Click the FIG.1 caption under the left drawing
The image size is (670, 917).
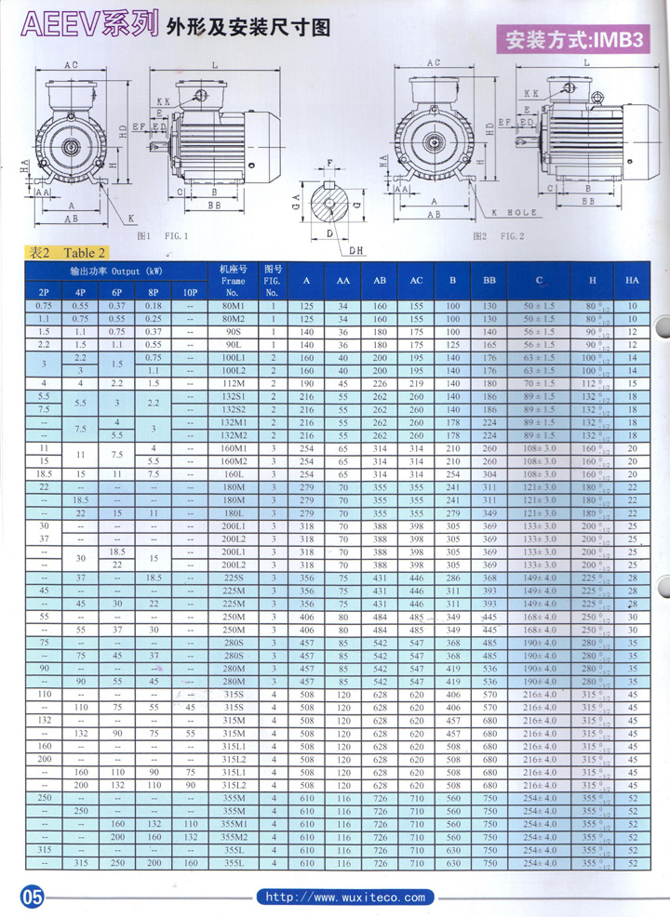tap(163, 236)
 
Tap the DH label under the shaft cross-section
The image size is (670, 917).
tap(355, 250)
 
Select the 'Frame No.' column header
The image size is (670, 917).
tap(233, 279)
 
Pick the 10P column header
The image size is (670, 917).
tap(191, 292)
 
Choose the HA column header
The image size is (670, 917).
tap(632, 280)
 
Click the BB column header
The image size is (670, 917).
tap(489, 280)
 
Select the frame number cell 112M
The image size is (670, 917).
tap(233, 383)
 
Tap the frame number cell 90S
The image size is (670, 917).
tap(233, 331)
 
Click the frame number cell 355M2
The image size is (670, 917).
tap(233, 838)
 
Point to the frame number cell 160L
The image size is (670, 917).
tap(233, 473)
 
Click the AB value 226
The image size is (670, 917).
tap(380, 383)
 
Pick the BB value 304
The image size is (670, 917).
tap(489, 473)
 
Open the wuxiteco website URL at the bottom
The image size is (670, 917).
tap(345, 897)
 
